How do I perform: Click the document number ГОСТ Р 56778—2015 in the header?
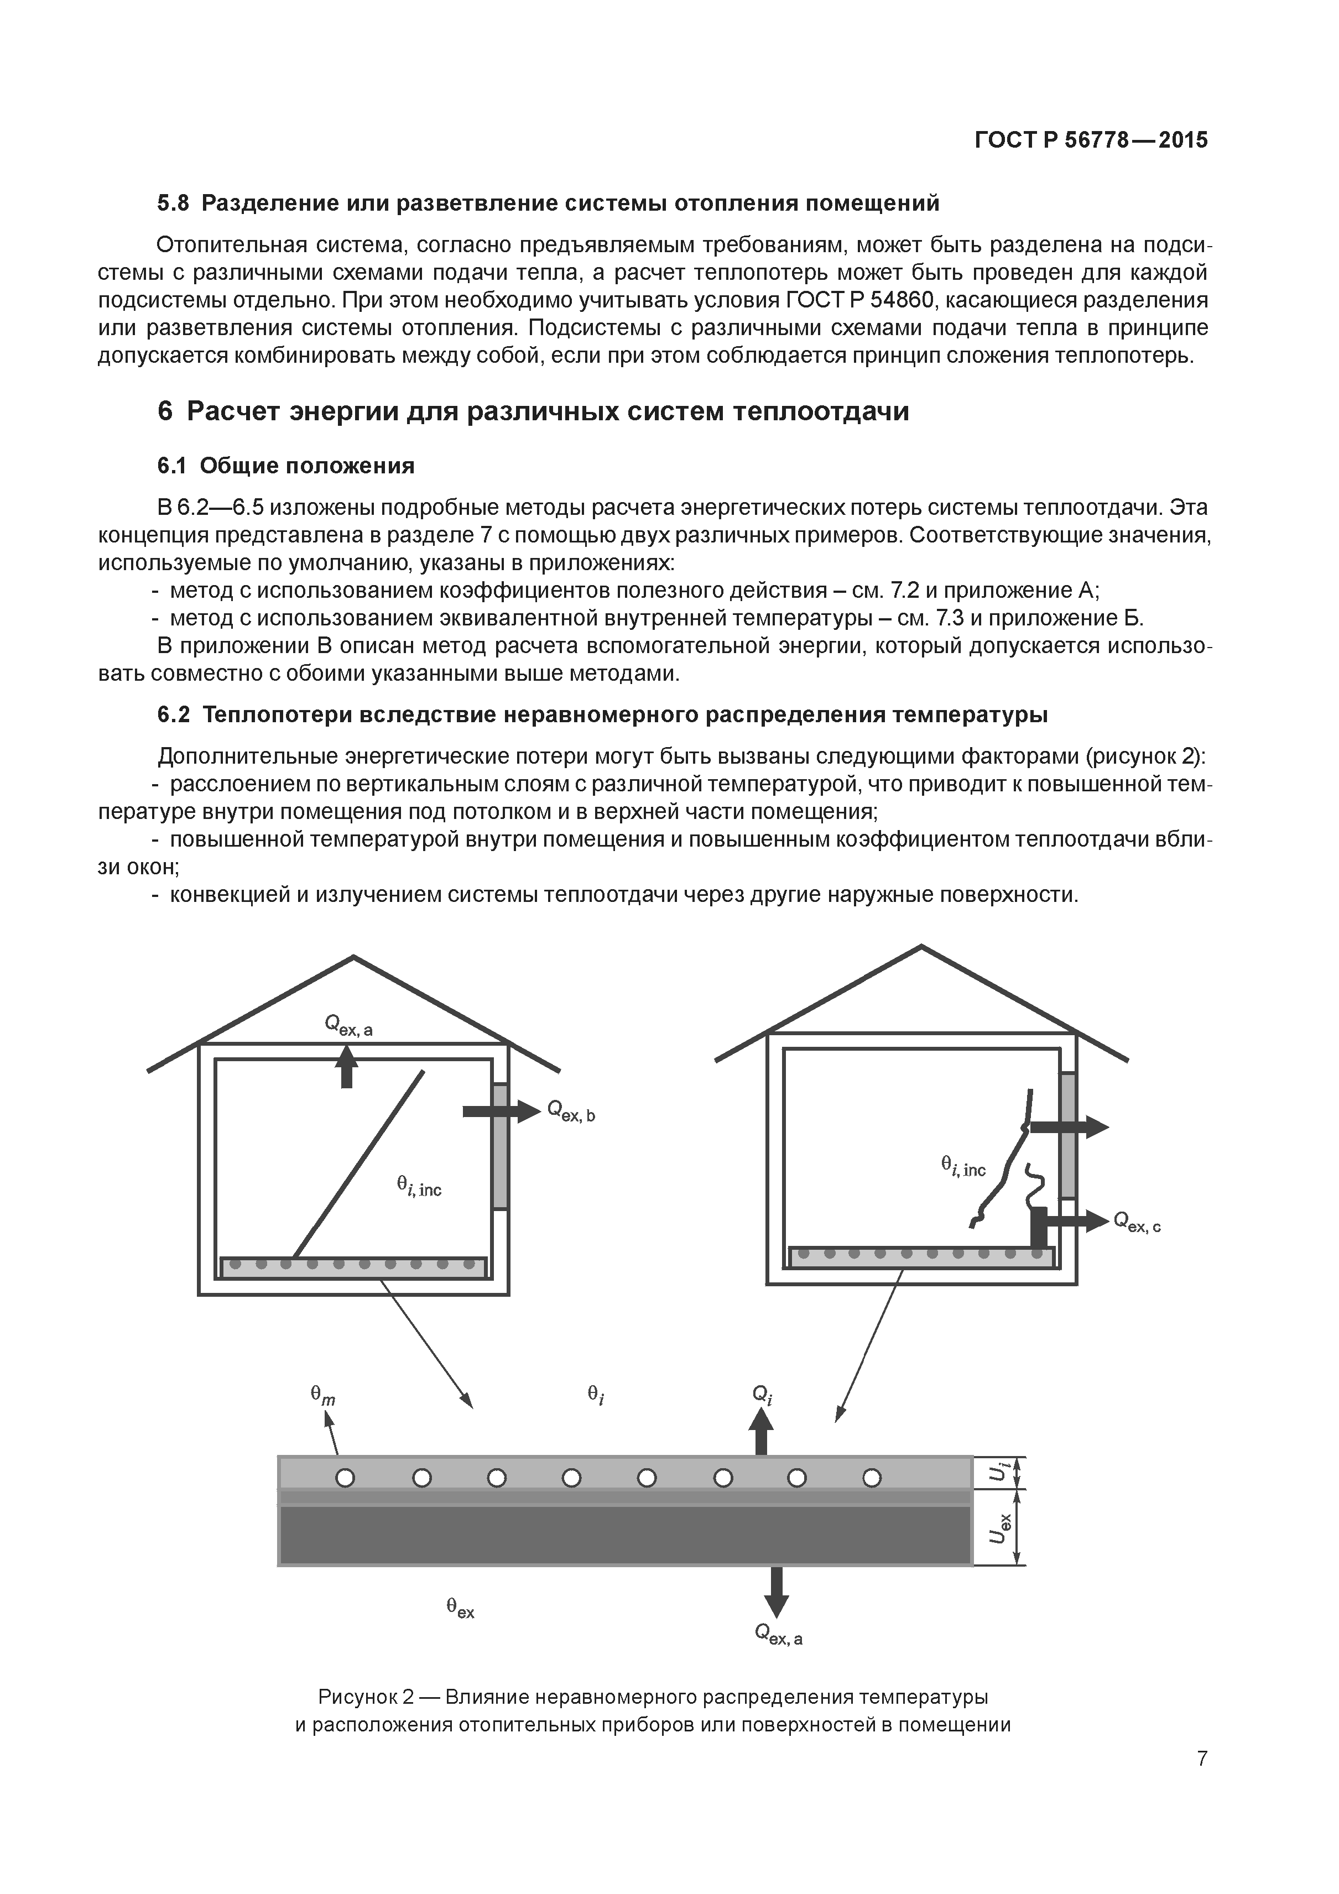[x=1091, y=140]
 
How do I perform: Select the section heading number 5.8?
[x=173, y=203]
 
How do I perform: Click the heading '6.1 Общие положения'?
[x=285, y=466]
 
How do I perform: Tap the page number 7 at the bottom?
[x=1202, y=1781]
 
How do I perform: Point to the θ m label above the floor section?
[x=322, y=1394]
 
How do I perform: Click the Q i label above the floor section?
[x=762, y=1394]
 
